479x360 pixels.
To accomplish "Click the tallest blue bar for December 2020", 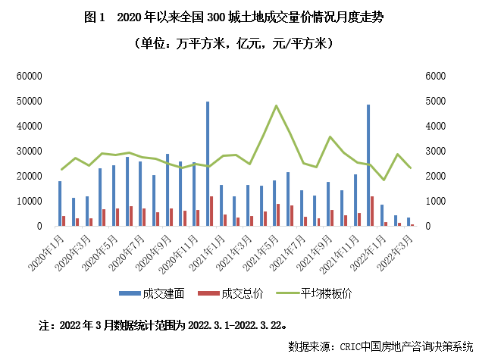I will (208, 164).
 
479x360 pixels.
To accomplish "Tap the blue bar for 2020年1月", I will (60, 203).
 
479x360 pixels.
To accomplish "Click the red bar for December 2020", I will (211, 211).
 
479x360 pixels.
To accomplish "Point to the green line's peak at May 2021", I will (276, 105).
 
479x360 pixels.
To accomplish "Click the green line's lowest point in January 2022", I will (384, 180).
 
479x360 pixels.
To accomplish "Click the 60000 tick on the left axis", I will (28, 76).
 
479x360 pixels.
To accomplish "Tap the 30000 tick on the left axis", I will (28, 151).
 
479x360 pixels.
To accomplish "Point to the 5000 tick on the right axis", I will (438, 101).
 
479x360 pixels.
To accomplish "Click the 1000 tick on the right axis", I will (438, 201).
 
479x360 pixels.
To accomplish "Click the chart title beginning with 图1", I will (239, 17).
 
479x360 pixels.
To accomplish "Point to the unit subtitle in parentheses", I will (239, 44).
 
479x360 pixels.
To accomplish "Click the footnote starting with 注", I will (163, 325).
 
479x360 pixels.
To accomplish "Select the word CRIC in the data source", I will (346, 346).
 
